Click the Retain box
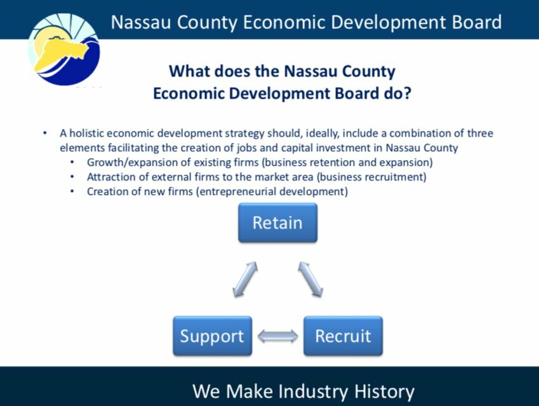click(277, 222)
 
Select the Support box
click(213, 336)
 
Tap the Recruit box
click(343, 336)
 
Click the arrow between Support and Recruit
click(277, 336)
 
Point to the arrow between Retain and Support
click(245, 280)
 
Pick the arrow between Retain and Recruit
click(310, 280)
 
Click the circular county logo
click(64, 49)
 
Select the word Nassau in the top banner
click(141, 22)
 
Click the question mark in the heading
click(407, 93)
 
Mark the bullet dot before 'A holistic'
click(45, 133)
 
